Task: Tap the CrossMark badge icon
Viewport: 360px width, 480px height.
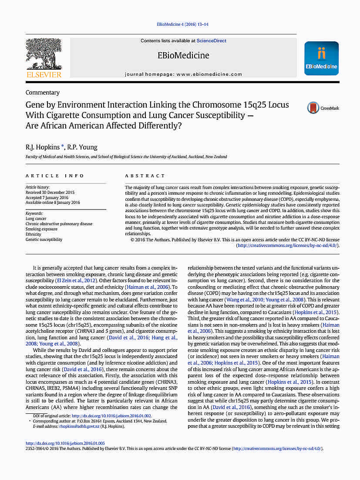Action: click(x=313, y=108)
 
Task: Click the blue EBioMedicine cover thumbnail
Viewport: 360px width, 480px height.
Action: click(x=321, y=58)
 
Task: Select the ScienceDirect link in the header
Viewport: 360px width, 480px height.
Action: click(x=211, y=41)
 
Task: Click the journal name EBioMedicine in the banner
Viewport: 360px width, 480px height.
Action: click(x=183, y=55)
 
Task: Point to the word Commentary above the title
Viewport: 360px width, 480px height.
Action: click(x=43, y=92)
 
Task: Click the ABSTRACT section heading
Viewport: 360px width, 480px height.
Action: click(x=145, y=176)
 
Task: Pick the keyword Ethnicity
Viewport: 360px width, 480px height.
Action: click(x=33, y=234)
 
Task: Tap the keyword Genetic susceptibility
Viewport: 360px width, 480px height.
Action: click(x=44, y=240)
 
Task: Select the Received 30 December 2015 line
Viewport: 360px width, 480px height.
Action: click(x=50, y=192)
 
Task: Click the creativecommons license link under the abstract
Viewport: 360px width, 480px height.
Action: click(x=287, y=245)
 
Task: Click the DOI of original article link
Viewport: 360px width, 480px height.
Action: click(x=111, y=416)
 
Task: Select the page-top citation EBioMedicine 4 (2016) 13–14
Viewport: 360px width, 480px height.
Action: click(x=182, y=24)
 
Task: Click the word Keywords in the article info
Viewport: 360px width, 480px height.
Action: click(x=34, y=213)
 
